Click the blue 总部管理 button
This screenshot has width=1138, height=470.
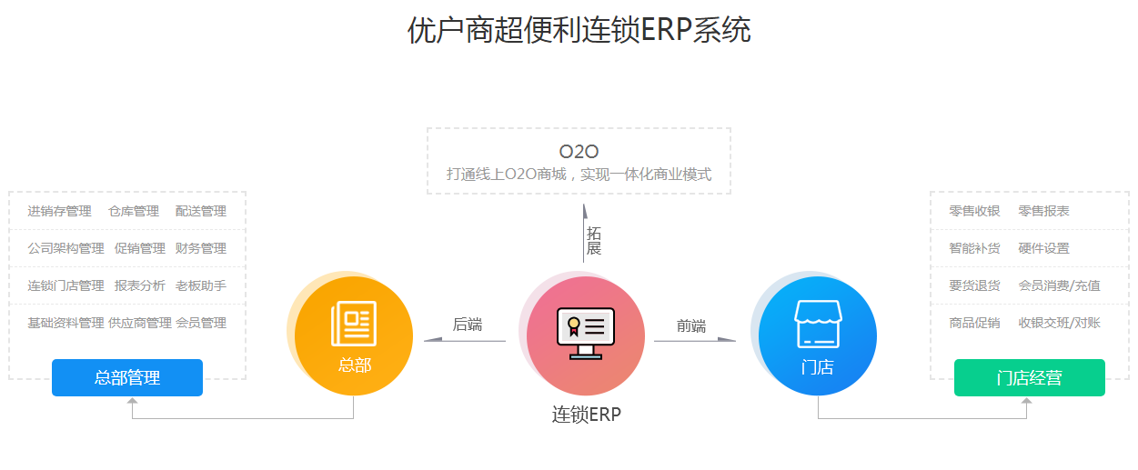tap(126, 377)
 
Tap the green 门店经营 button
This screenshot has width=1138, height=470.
tap(1029, 377)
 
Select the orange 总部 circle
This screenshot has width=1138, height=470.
tap(354, 335)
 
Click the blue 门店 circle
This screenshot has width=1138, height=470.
tap(817, 335)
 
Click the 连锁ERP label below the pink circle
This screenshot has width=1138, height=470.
tap(586, 415)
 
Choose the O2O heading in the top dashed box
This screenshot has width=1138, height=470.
tap(579, 152)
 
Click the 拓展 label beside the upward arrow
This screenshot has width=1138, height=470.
tap(593, 241)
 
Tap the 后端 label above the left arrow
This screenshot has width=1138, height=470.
tap(467, 325)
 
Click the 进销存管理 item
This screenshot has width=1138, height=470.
tap(59, 211)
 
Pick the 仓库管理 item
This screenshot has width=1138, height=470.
tap(134, 211)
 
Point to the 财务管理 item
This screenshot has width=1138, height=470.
tap(201, 248)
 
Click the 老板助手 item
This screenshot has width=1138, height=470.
tap(201, 285)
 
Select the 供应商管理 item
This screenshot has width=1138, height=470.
tap(140, 323)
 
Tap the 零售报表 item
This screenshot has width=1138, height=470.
tap(1043, 211)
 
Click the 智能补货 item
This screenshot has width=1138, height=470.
tap(974, 248)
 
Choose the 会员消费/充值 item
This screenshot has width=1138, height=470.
tap(1059, 285)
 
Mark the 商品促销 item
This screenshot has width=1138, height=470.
tap(974, 323)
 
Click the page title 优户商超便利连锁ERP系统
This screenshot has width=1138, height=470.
tap(579, 30)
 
